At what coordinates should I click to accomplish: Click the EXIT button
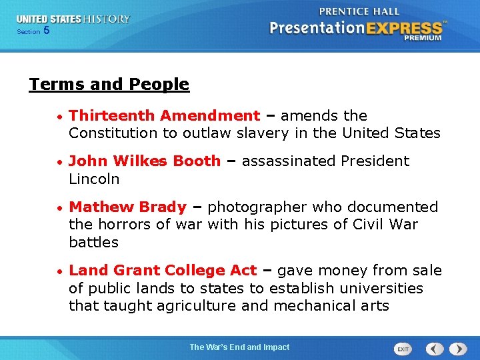click(x=403, y=349)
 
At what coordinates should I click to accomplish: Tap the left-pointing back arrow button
click(x=435, y=349)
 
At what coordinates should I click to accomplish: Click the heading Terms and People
click(x=109, y=85)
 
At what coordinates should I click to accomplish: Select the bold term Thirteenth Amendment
click(x=164, y=116)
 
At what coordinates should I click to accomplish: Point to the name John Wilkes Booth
click(x=145, y=161)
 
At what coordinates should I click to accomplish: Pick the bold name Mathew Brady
click(x=127, y=207)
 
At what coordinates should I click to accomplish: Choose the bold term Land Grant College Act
click(x=163, y=271)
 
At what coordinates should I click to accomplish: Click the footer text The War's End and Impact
click(x=239, y=347)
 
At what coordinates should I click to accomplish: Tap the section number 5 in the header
click(x=46, y=31)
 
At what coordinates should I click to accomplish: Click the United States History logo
click(x=73, y=19)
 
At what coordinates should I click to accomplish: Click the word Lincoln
click(x=94, y=179)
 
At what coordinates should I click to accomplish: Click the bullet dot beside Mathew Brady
click(x=61, y=208)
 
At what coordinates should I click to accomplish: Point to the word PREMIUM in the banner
click(x=422, y=39)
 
